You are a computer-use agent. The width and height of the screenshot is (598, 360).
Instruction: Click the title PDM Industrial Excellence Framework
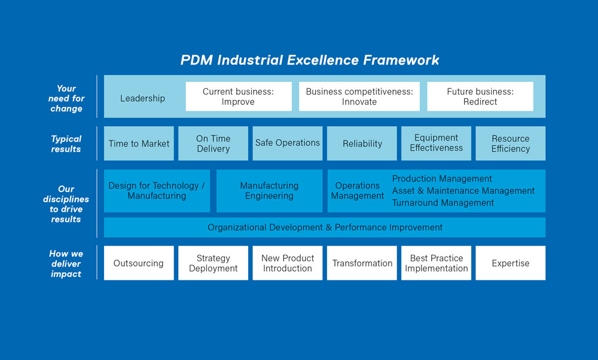310,60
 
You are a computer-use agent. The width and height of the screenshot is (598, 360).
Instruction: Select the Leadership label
143,99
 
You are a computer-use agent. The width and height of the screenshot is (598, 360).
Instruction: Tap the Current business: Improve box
239,96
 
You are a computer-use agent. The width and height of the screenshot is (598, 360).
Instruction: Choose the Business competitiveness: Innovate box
359,96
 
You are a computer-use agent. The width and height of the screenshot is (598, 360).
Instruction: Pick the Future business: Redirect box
480,96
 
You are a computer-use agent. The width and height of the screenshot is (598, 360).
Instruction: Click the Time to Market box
139,144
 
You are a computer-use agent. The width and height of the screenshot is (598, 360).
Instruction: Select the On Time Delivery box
213,144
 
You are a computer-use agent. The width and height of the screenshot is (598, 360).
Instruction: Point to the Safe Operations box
288,144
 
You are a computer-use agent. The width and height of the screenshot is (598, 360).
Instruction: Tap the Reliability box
362,144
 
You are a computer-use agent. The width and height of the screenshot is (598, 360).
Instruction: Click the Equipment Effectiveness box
437,144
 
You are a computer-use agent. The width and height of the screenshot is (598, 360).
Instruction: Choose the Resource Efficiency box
511,144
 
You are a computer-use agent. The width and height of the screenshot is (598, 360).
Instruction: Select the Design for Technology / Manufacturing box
157,191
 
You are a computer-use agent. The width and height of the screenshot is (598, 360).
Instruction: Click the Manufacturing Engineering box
269,191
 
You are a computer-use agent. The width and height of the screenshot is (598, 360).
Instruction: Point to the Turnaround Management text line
443,203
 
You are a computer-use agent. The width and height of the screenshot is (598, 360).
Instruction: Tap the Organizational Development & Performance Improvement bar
325,227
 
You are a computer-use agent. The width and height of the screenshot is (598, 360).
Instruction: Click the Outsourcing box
139,263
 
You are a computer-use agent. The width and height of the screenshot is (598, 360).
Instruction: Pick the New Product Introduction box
288,263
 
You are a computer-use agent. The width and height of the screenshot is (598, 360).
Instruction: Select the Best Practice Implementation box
437,263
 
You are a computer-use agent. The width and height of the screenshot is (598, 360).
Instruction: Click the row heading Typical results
66,144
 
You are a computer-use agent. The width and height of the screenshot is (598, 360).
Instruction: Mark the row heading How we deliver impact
66,264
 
